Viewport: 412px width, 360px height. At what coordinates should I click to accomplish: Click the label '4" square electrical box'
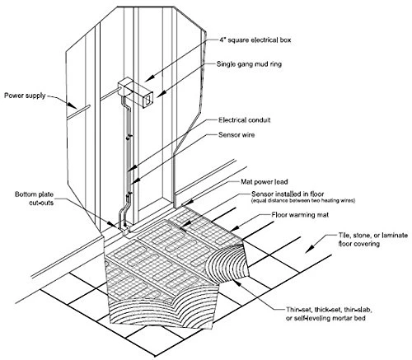click(x=255, y=40)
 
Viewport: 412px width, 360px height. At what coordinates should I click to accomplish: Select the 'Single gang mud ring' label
click(x=249, y=64)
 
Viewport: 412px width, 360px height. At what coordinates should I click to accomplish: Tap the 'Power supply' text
click(x=25, y=96)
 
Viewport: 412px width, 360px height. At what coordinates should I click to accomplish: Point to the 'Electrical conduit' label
click(x=245, y=120)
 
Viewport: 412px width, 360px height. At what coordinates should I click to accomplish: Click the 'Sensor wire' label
click(x=236, y=135)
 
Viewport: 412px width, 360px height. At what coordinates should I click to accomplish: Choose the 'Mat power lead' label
click(x=265, y=182)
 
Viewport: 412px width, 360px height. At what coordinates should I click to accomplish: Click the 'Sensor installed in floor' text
click(x=288, y=194)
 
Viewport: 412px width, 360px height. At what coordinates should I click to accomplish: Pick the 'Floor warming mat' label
click(x=300, y=215)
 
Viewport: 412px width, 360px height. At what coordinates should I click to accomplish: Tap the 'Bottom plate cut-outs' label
click(x=34, y=199)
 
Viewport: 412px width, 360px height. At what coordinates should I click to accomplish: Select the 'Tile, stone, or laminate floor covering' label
click(x=372, y=240)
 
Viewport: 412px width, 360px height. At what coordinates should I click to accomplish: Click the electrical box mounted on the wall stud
click(x=135, y=92)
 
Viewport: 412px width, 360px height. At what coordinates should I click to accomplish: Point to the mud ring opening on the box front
click(x=148, y=99)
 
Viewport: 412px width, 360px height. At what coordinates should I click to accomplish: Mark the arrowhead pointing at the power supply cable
click(x=73, y=105)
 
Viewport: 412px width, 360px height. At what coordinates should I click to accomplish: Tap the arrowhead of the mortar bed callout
click(x=237, y=282)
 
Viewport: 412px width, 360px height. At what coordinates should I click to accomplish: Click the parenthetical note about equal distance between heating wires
click(x=303, y=201)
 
